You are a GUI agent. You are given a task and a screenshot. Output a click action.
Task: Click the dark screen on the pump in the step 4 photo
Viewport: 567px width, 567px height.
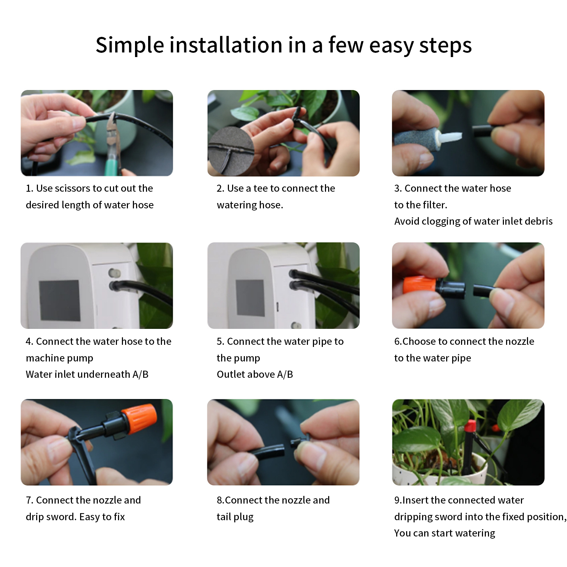click(x=59, y=301)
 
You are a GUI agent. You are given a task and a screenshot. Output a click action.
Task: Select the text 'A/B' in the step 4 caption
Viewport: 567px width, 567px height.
click(x=140, y=374)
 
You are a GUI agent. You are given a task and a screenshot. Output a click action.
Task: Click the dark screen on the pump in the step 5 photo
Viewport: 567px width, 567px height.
click(x=250, y=298)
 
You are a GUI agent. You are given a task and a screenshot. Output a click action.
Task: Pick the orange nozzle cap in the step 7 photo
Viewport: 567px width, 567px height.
click(x=139, y=420)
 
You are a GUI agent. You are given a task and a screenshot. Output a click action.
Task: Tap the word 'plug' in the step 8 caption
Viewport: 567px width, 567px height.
click(x=244, y=517)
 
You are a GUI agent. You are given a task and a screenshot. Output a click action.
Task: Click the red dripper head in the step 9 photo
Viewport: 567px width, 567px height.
click(x=470, y=425)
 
